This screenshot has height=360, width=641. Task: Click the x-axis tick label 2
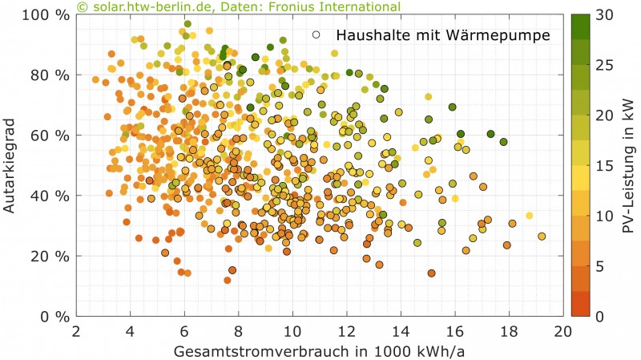point(76,330)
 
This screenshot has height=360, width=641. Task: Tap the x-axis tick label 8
point(238,330)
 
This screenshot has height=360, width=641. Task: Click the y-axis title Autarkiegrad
point(14,165)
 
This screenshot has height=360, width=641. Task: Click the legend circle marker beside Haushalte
point(318,35)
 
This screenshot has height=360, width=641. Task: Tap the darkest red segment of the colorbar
point(581,306)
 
